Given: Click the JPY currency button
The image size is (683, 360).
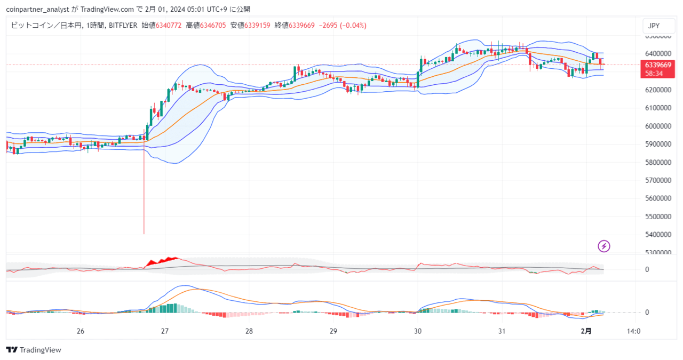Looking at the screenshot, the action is tap(658, 26).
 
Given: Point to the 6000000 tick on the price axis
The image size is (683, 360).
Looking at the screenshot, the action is tap(658, 126).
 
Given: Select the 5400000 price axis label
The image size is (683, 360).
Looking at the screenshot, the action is tap(658, 235).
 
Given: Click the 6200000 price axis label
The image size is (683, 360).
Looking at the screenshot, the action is tap(658, 90).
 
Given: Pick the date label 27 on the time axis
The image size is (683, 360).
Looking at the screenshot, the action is tap(165, 331).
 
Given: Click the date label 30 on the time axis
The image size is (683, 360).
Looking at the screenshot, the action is tap(418, 331).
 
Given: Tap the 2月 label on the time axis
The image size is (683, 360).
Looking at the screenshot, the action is tap(586, 331).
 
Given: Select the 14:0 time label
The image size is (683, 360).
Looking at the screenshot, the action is tap(633, 331).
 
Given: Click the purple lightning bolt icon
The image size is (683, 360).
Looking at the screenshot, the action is tap(603, 246).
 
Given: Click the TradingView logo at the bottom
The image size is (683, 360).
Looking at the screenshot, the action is tap(34, 350).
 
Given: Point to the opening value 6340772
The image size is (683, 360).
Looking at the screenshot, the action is tap(169, 25).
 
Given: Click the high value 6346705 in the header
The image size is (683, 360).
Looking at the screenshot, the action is tap(213, 25).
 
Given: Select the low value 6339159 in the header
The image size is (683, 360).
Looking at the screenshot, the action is tap(257, 25).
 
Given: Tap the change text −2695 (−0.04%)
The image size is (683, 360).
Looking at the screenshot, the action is tap(343, 25).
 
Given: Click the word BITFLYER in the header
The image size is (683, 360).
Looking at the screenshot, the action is tap(123, 25).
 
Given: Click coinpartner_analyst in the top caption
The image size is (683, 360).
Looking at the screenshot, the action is tap(37, 10).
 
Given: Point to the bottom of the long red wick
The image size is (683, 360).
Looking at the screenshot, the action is tap(144, 234).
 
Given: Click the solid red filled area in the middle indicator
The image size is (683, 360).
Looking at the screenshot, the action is tap(162, 262).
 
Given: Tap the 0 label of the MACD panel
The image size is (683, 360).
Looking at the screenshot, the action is tap(647, 312).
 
